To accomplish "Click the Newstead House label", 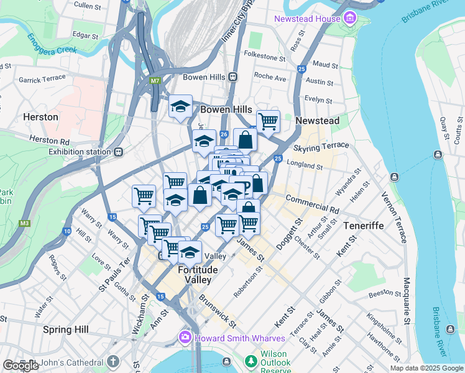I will click(x=307, y=19).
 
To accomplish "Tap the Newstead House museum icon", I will click(x=350, y=18).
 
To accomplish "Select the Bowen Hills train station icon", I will click(x=233, y=77).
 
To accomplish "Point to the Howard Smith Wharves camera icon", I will click(x=185, y=338).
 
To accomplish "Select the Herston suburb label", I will click(x=40, y=117).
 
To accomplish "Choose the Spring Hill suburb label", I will click(x=66, y=329).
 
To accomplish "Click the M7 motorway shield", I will click(x=155, y=80).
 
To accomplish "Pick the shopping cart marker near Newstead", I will click(x=268, y=121).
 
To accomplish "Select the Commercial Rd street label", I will click(x=313, y=204).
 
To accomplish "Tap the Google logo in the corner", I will click(x=21, y=366).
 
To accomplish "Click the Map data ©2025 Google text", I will click(x=426, y=368).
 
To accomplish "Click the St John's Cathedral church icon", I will click(x=113, y=361).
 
